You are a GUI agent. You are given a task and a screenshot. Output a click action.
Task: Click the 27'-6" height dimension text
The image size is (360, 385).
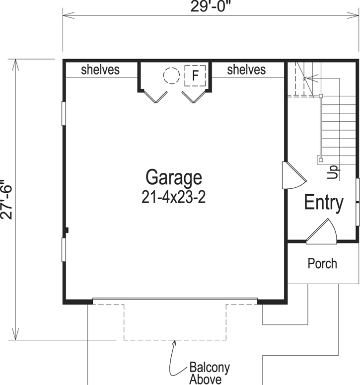[5, 199]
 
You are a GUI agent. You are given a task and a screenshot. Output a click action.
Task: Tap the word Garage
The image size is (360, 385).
[174, 177]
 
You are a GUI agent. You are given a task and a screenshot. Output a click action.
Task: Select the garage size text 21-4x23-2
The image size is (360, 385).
[173, 197]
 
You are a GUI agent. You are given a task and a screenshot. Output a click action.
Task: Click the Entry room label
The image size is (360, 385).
[323, 203]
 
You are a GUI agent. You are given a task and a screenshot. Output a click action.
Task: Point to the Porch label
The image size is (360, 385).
[322, 263]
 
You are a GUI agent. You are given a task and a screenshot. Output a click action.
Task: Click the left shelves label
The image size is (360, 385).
[100, 70]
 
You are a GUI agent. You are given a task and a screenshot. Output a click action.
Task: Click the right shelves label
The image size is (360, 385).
[246, 70]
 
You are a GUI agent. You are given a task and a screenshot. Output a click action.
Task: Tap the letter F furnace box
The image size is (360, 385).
[195, 76]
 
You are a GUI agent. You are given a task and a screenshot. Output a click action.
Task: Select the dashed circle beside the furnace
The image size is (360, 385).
[171, 76]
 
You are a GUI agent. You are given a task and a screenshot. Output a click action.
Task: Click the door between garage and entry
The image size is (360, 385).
[290, 175]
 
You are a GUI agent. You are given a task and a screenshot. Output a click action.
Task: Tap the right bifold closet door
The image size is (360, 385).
[193, 96]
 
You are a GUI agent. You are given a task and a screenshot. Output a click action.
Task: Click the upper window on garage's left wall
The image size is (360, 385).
[64, 113]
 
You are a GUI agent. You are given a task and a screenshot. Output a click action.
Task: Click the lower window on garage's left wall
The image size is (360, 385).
[64, 250]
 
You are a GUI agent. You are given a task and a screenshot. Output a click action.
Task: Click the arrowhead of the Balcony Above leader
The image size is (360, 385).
[175, 342]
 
